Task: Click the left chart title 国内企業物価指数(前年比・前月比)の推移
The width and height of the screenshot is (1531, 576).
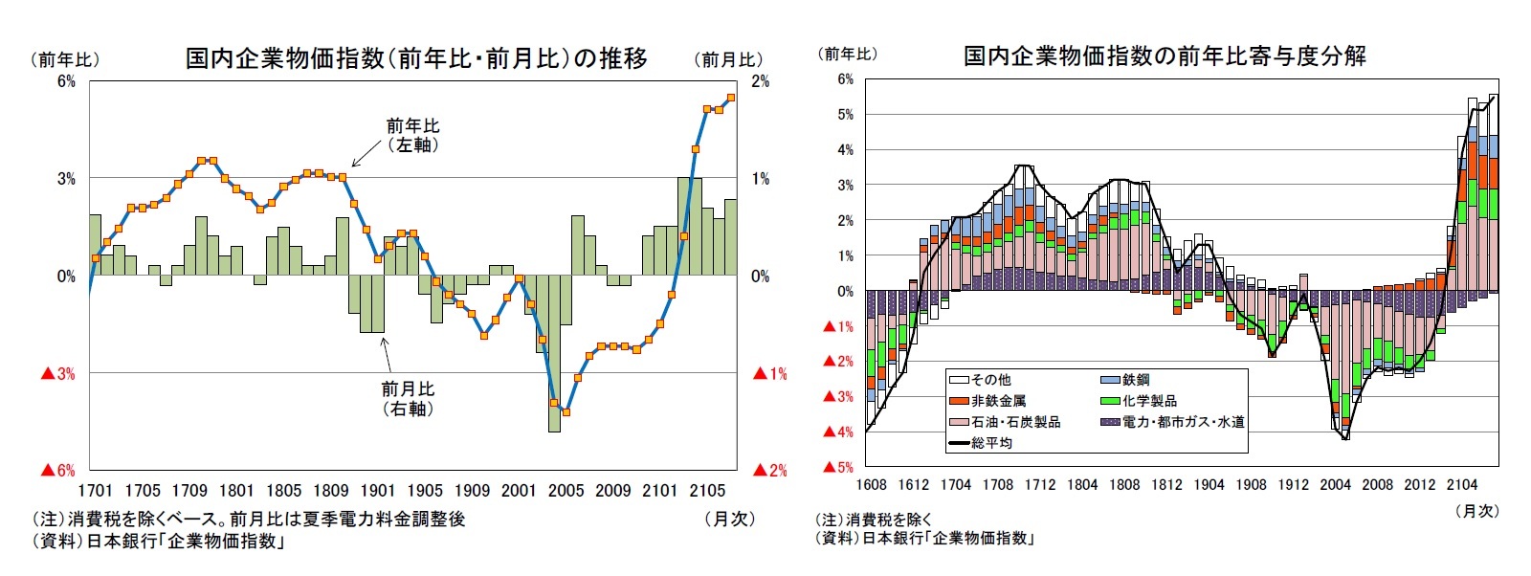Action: [416, 58]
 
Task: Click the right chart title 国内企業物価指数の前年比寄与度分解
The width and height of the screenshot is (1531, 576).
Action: [1165, 55]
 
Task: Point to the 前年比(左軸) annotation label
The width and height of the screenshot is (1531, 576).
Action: [412, 135]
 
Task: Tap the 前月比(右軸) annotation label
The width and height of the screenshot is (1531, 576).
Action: [408, 398]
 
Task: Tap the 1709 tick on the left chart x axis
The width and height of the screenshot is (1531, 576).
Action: [189, 491]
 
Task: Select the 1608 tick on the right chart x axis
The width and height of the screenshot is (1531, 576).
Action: [871, 485]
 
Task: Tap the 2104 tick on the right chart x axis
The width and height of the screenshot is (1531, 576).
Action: [1461, 485]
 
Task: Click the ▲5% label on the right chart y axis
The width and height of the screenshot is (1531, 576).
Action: [838, 467]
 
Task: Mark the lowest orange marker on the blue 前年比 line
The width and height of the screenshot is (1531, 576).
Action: [566, 412]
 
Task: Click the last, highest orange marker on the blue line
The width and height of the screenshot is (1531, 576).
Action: [731, 98]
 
